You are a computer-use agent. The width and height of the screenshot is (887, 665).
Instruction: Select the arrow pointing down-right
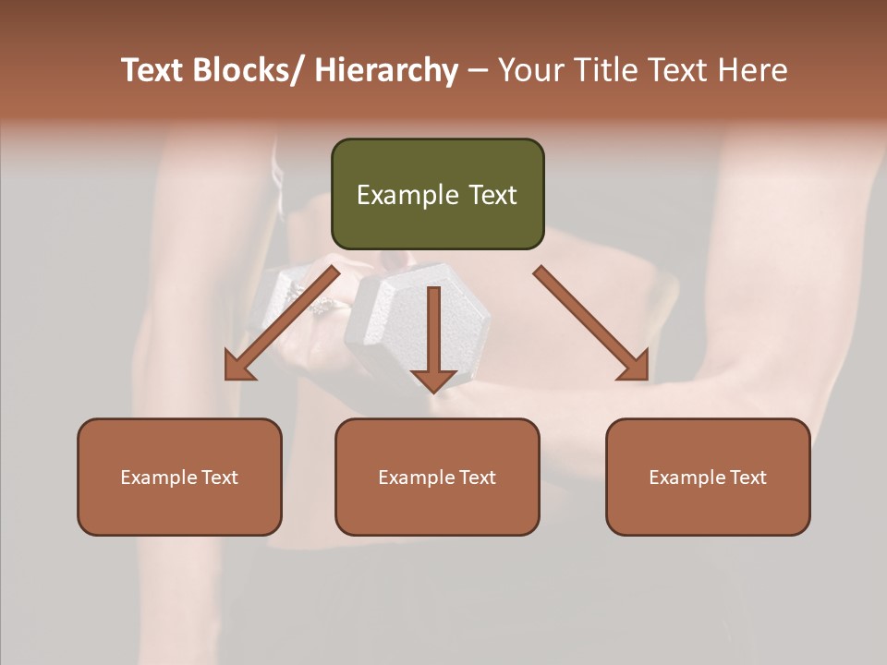pos(590,323)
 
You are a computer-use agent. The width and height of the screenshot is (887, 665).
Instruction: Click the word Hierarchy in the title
pos(386,71)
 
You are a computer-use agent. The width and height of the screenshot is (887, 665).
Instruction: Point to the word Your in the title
pos(528,71)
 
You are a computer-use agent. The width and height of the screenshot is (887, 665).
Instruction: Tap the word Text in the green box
pos(492,195)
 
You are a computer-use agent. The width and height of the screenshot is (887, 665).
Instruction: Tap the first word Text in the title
pos(154,71)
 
